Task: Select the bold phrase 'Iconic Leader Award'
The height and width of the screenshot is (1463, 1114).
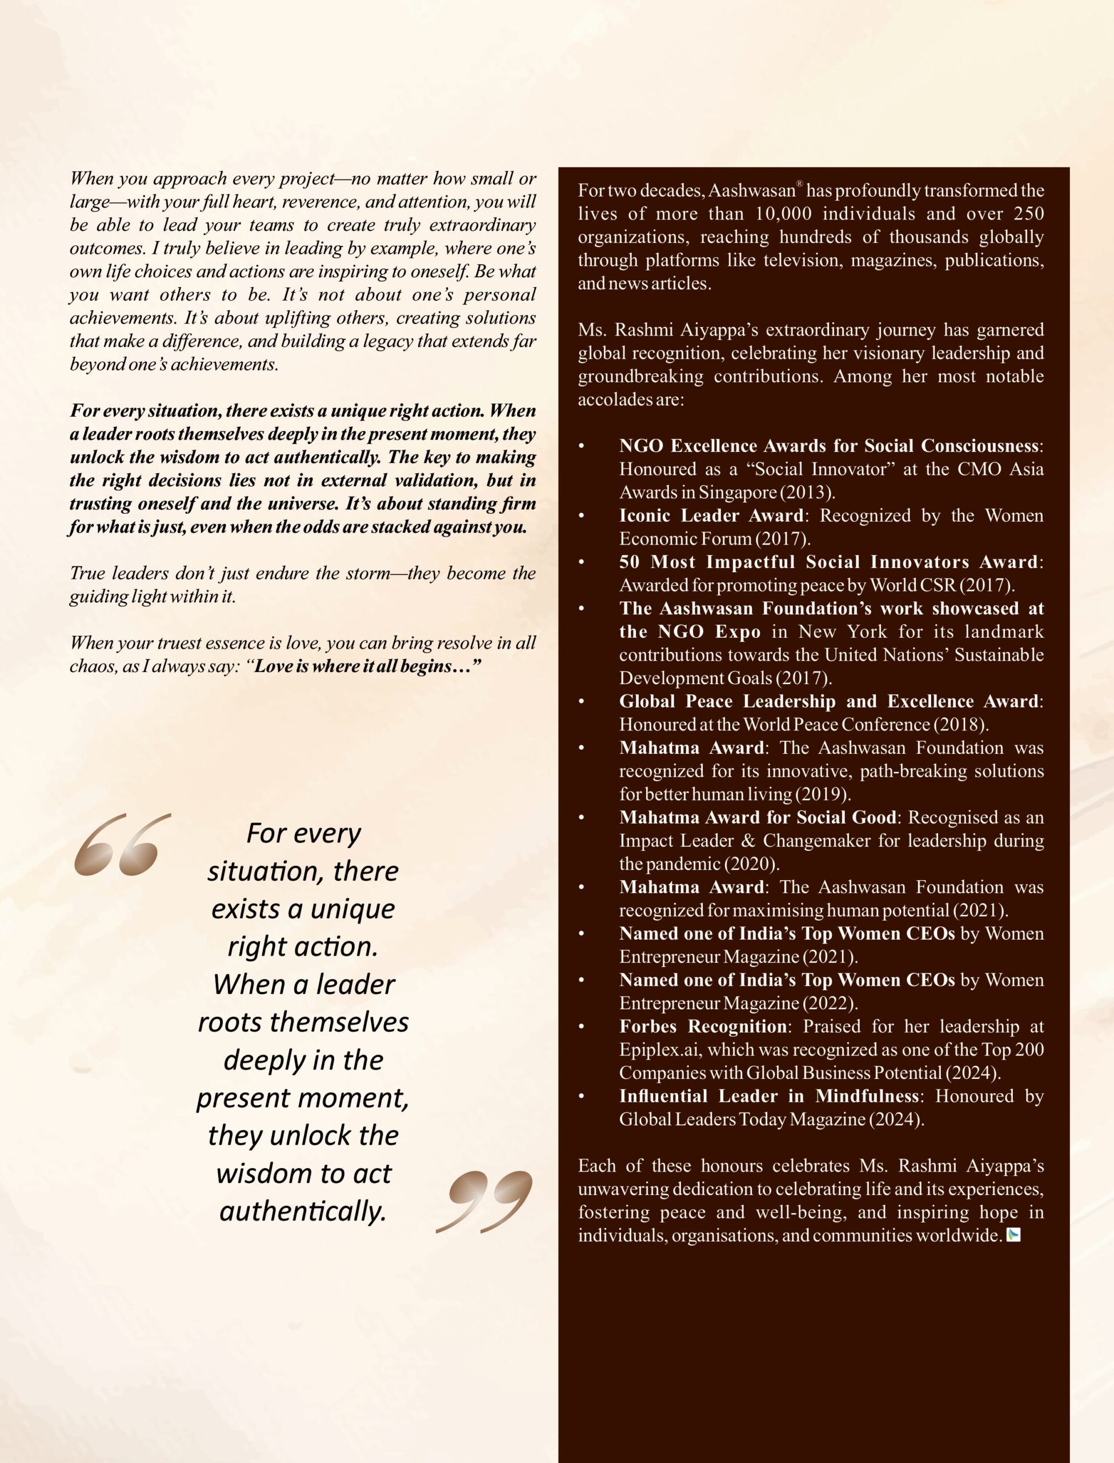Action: click(711, 515)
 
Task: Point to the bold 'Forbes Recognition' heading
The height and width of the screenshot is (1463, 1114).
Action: click(703, 1026)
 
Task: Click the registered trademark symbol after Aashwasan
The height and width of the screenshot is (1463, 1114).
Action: click(799, 185)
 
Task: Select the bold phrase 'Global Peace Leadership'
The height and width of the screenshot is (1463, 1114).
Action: click(727, 701)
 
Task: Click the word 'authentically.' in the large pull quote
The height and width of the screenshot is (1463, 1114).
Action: click(303, 1212)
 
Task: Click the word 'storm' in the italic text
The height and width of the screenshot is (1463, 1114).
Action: click(368, 573)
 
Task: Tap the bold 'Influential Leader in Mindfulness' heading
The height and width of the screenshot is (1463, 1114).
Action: click(769, 1096)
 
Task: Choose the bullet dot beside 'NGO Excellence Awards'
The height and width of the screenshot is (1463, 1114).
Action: click(582, 446)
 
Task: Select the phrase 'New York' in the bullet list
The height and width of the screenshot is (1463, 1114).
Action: click(842, 631)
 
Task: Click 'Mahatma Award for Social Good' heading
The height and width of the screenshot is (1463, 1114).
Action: click(758, 817)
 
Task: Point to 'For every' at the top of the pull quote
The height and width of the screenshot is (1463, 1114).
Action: click(303, 833)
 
